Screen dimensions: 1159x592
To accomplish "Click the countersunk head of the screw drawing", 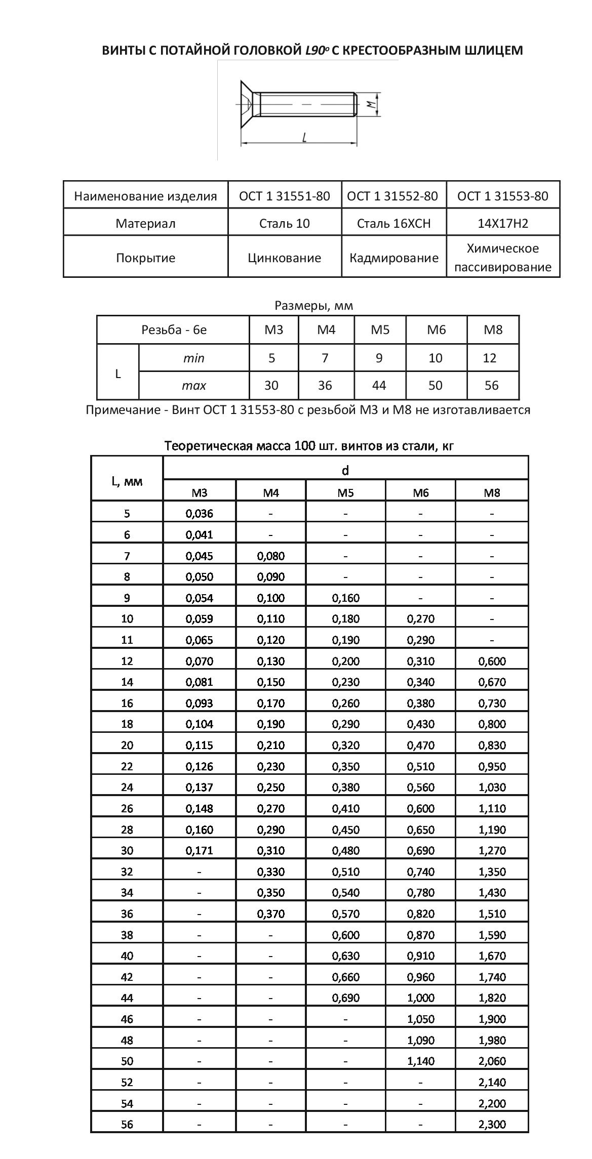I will tap(246, 103).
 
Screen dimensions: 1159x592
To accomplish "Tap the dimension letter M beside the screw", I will tap(372, 104).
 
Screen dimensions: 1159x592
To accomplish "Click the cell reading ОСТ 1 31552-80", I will tap(392, 196).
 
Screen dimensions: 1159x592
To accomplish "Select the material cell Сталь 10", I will tap(284, 223).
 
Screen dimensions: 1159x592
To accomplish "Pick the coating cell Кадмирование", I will tap(393, 258).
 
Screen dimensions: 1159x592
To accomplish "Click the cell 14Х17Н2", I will tap(502, 223).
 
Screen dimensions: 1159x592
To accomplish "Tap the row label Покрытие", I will tap(145, 258).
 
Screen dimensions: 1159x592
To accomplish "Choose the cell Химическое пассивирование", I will tap(502, 258).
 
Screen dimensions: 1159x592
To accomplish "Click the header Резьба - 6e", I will tap(174, 330).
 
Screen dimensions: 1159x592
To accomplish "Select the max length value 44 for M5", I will tap(379, 386).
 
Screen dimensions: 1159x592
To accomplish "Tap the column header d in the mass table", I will tap(345, 471).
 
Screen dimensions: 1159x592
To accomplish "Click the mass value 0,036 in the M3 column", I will tap(200, 514).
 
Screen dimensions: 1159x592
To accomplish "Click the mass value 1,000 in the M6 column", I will tap(420, 998).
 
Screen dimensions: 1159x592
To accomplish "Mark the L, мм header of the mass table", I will tap(127, 481).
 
